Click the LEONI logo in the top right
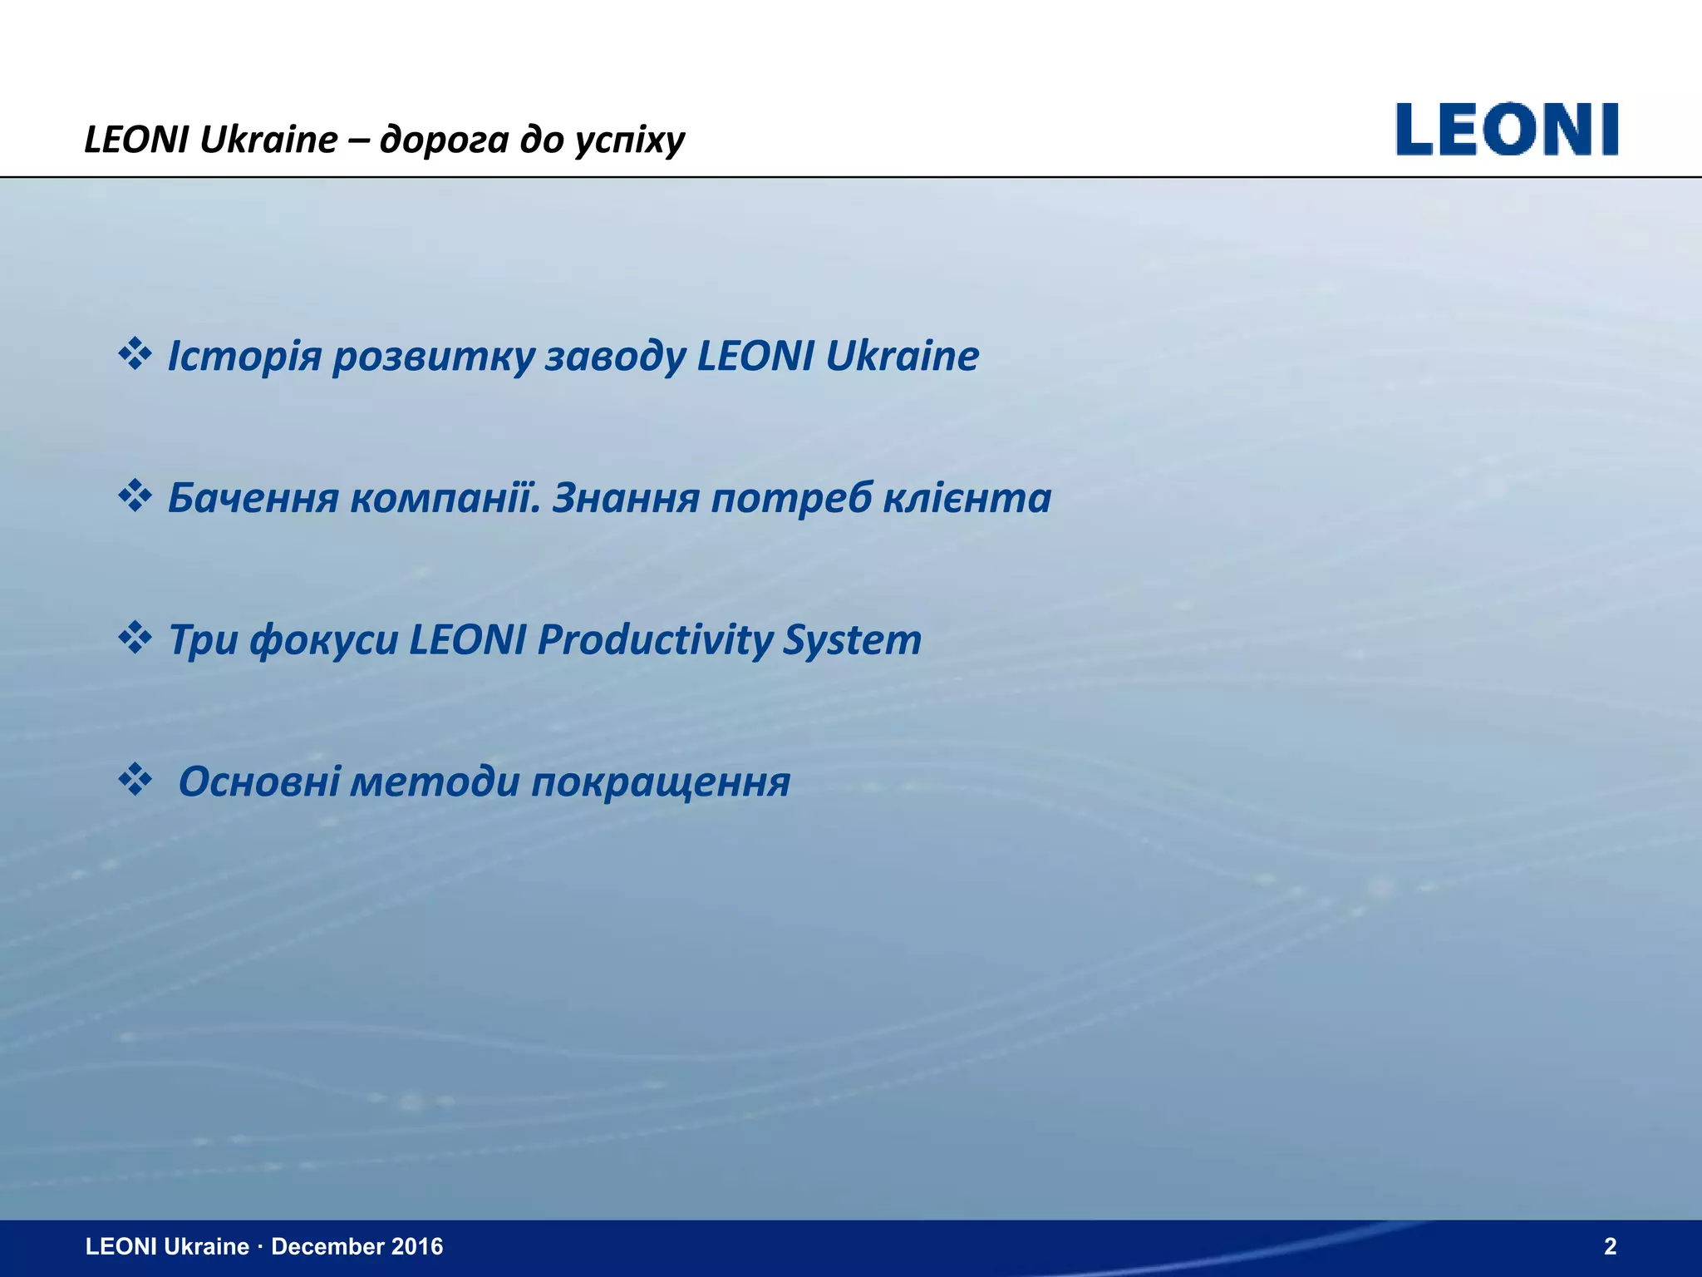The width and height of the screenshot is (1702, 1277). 1507,130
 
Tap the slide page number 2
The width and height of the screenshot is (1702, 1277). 1610,1246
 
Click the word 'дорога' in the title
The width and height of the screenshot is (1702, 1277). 445,140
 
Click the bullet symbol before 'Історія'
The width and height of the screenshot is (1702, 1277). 135,355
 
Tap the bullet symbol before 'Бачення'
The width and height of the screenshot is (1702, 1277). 135,497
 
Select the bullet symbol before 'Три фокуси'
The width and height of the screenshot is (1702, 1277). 135,638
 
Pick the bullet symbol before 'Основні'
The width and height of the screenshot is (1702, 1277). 135,781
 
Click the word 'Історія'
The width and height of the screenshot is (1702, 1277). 244,357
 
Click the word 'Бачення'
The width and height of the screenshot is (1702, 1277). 253,499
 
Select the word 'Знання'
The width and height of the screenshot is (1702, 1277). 625,499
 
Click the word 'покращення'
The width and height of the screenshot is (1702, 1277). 661,782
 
